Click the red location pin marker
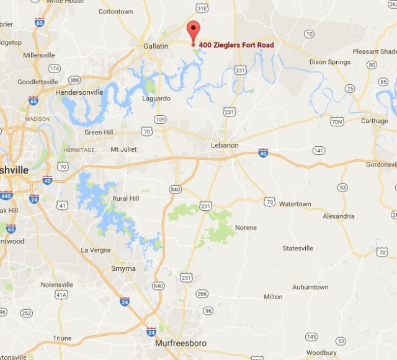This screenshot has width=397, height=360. click(193, 32)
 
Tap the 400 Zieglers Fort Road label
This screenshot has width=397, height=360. click(236, 45)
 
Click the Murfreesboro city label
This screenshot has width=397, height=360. click(181, 343)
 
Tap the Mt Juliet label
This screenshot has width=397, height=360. click(122, 149)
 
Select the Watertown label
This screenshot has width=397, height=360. click(295, 204)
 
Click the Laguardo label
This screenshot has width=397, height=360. click(156, 98)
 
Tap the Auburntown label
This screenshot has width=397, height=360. click(310, 288)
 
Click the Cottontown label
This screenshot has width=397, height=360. click(116, 11)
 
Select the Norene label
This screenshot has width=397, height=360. click(246, 227)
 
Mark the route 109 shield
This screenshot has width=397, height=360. click(160, 119)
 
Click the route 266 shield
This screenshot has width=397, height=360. click(202, 294)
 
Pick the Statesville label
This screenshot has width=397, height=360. click(298, 248)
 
